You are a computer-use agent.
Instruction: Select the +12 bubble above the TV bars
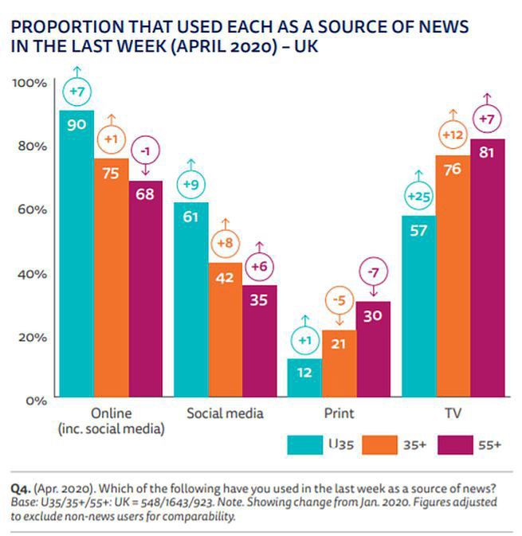(453, 136)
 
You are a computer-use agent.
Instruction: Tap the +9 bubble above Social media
(191, 185)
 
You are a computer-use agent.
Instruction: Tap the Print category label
(339, 414)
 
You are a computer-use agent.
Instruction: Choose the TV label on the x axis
(453, 414)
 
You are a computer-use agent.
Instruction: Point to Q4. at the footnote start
(21, 487)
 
